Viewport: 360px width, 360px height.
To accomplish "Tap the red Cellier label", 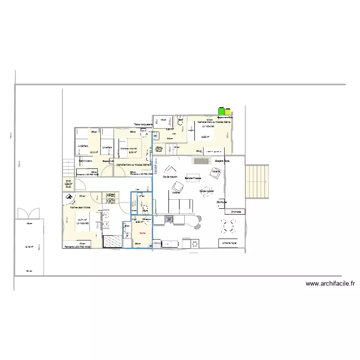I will pos(142,233).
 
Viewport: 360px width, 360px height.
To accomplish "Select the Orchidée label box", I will pos(236,211).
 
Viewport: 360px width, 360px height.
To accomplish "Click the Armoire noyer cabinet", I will pos(231,243).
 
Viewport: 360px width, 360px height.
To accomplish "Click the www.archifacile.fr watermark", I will pos(330,284).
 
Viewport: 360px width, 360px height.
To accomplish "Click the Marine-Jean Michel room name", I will pos(80,208).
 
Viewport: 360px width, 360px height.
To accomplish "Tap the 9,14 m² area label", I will pos(94,152).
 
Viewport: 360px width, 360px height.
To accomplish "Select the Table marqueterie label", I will pos(143,125).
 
